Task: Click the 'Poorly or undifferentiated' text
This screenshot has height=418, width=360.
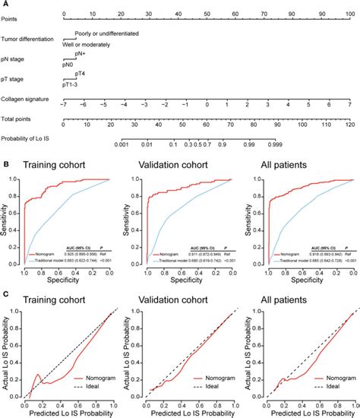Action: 106,33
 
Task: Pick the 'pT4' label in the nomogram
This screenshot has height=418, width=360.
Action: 81,72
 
